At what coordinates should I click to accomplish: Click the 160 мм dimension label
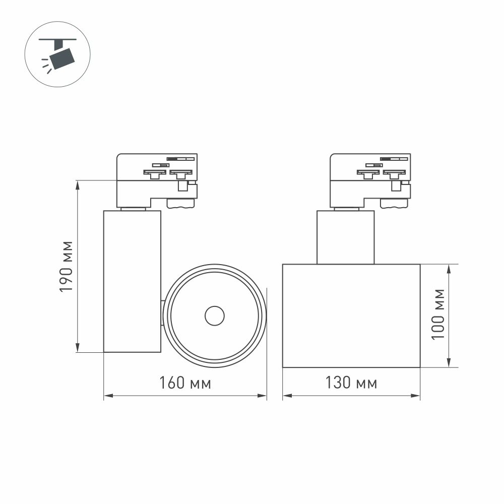(185, 384)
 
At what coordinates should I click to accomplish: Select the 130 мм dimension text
(351, 384)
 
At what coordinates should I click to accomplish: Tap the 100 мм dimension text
(438, 314)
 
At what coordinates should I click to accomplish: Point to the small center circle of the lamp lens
(215, 317)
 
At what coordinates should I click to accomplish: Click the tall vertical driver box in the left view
(132, 281)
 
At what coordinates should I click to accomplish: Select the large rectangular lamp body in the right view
(351, 316)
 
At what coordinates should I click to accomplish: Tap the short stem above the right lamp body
(346, 237)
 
